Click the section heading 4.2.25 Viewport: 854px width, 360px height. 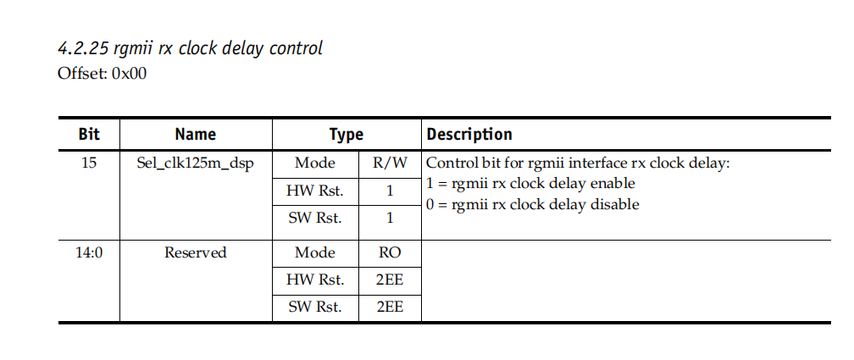pyautogui.click(x=190, y=48)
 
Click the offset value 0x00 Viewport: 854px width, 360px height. pyautogui.click(x=129, y=74)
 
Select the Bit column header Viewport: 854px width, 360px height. pyautogui.click(x=89, y=135)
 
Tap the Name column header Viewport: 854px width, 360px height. pyautogui.click(x=196, y=135)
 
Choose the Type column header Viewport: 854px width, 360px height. pyautogui.click(x=347, y=135)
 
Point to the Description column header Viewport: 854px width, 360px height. pyautogui.click(x=469, y=135)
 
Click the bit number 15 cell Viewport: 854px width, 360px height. pyautogui.click(x=89, y=163)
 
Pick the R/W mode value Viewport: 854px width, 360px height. pyautogui.click(x=390, y=163)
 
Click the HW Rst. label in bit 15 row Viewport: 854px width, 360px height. pyautogui.click(x=315, y=191)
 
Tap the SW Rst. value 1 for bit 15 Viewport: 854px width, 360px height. pyautogui.click(x=390, y=218)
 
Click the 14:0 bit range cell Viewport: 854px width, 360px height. pyautogui.click(x=89, y=252)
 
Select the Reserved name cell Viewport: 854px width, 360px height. pyautogui.click(x=196, y=252)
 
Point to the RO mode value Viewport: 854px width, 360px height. pyautogui.click(x=390, y=252)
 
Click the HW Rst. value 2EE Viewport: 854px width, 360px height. pyautogui.click(x=390, y=280)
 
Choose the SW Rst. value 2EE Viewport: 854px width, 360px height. pyautogui.click(x=390, y=307)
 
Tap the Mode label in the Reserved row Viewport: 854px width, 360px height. pyautogui.click(x=315, y=252)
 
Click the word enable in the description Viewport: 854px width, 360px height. pyautogui.click(x=613, y=184)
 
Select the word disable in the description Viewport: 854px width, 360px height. pyautogui.click(x=615, y=205)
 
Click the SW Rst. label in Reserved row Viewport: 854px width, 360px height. pyautogui.click(x=315, y=307)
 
